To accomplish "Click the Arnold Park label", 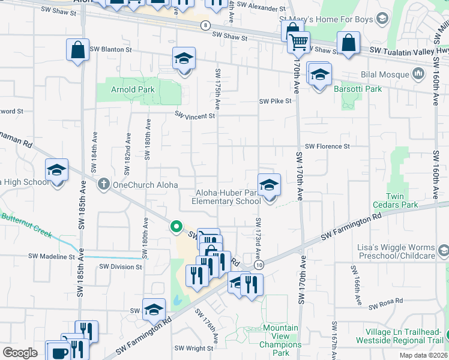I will (x=133, y=90).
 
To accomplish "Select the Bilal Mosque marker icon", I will (x=418, y=74).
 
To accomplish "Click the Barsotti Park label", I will (x=358, y=89).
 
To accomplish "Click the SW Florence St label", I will (x=327, y=146).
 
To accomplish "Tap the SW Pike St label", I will (x=275, y=101).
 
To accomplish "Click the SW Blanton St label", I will (x=110, y=49).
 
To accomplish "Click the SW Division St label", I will (x=121, y=266).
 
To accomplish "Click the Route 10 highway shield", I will (x=259, y=265).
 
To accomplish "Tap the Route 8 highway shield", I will (x=205, y=25).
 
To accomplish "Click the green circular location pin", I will (x=176, y=227).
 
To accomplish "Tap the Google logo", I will (x=20, y=352).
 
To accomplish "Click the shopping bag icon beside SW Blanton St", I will (x=78, y=50).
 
